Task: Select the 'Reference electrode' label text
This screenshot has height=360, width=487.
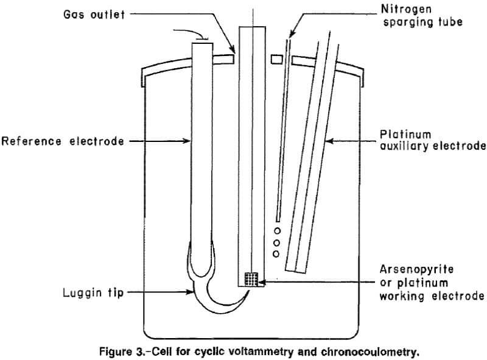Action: click(x=63, y=141)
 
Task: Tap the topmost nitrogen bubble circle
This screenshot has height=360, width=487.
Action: click(x=277, y=231)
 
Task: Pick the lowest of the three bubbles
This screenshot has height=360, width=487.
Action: click(x=277, y=253)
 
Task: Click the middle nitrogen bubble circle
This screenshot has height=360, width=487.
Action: click(x=277, y=242)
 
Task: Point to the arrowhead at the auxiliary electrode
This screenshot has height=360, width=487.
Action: click(x=329, y=141)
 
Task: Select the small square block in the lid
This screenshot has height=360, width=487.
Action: click(x=278, y=59)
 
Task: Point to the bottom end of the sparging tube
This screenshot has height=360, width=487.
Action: click(x=278, y=219)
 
